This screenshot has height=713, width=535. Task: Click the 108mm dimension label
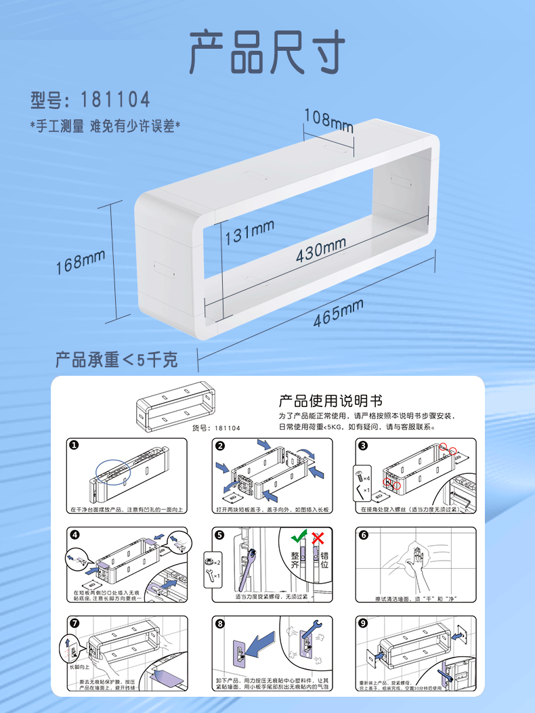(328, 120)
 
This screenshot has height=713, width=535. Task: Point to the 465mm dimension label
(339, 314)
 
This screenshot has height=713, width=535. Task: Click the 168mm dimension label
(81, 261)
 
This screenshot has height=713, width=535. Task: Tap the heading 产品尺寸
(267, 51)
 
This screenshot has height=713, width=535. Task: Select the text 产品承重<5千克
(116, 359)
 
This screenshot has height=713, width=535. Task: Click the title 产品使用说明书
(331, 400)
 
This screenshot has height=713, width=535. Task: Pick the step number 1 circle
(74, 445)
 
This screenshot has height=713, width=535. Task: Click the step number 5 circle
(219, 534)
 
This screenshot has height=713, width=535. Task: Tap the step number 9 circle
(363, 623)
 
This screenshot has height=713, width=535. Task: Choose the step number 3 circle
(363, 445)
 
